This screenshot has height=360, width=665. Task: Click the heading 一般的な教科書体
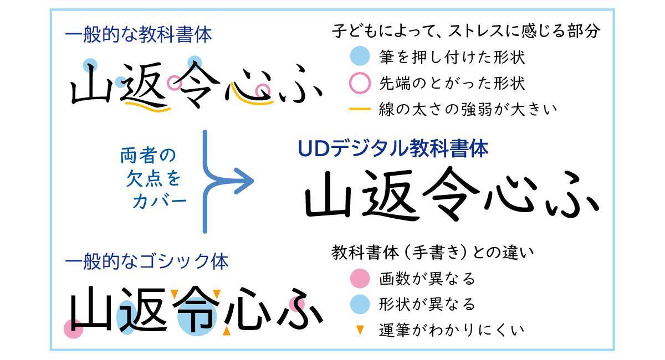click(139, 34)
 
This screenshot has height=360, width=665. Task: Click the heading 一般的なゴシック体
click(147, 261)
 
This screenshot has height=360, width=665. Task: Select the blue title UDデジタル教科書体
click(393, 148)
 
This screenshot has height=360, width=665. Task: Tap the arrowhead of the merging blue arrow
click(244, 181)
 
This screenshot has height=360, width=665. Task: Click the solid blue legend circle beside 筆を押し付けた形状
click(360, 56)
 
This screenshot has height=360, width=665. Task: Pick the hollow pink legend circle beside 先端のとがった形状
click(360, 83)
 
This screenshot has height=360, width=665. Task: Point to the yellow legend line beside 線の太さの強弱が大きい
click(360, 109)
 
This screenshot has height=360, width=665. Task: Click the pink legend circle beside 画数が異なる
click(360, 279)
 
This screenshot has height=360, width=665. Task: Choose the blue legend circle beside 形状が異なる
click(360, 304)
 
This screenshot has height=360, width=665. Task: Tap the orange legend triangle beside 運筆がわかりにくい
click(360, 330)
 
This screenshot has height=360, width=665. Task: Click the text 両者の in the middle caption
click(148, 155)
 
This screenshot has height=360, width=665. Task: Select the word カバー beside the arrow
click(160, 202)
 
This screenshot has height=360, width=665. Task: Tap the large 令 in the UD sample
click(451, 193)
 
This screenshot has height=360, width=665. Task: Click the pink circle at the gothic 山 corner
click(73, 329)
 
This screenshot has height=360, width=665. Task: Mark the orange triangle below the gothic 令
click(227, 331)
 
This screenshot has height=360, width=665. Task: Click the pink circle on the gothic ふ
click(297, 304)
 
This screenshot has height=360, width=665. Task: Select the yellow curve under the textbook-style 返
click(147, 107)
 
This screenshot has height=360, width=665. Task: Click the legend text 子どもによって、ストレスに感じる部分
click(465, 31)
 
